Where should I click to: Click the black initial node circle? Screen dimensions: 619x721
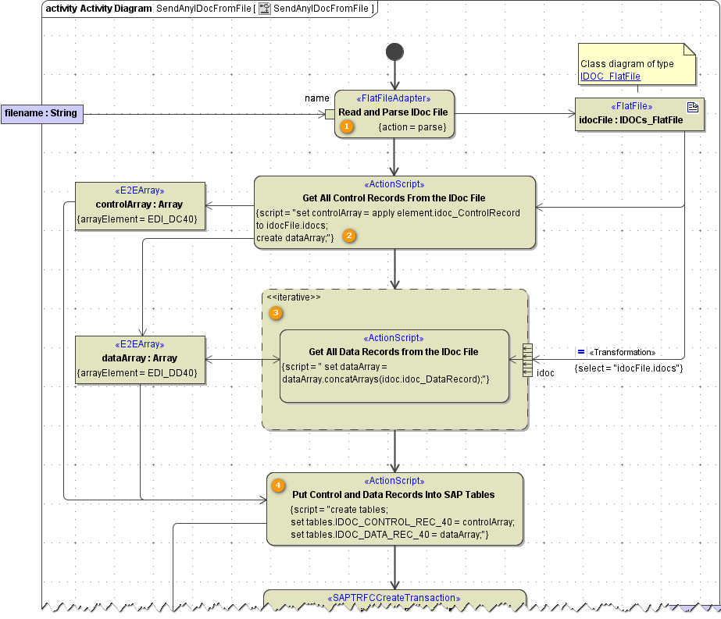click(395, 52)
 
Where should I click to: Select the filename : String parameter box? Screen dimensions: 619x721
click(41, 113)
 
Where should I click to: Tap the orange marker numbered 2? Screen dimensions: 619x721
click(350, 236)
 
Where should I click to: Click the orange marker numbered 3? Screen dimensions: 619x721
click(276, 313)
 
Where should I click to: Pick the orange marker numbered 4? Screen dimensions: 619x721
click(278, 486)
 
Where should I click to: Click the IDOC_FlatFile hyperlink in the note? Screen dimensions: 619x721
click(610, 76)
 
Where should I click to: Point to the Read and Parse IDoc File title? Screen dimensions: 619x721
click(393, 112)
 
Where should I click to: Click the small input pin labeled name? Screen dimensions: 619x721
click(330, 114)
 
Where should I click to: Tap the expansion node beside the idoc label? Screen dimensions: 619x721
click(527, 360)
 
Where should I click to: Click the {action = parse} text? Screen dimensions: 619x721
click(412, 126)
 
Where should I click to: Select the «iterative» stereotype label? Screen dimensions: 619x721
click(293, 297)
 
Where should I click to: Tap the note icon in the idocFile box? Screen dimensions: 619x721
click(692, 107)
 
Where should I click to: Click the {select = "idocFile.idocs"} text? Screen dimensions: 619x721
click(628, 368)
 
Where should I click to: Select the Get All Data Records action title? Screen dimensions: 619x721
click(394, 351)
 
